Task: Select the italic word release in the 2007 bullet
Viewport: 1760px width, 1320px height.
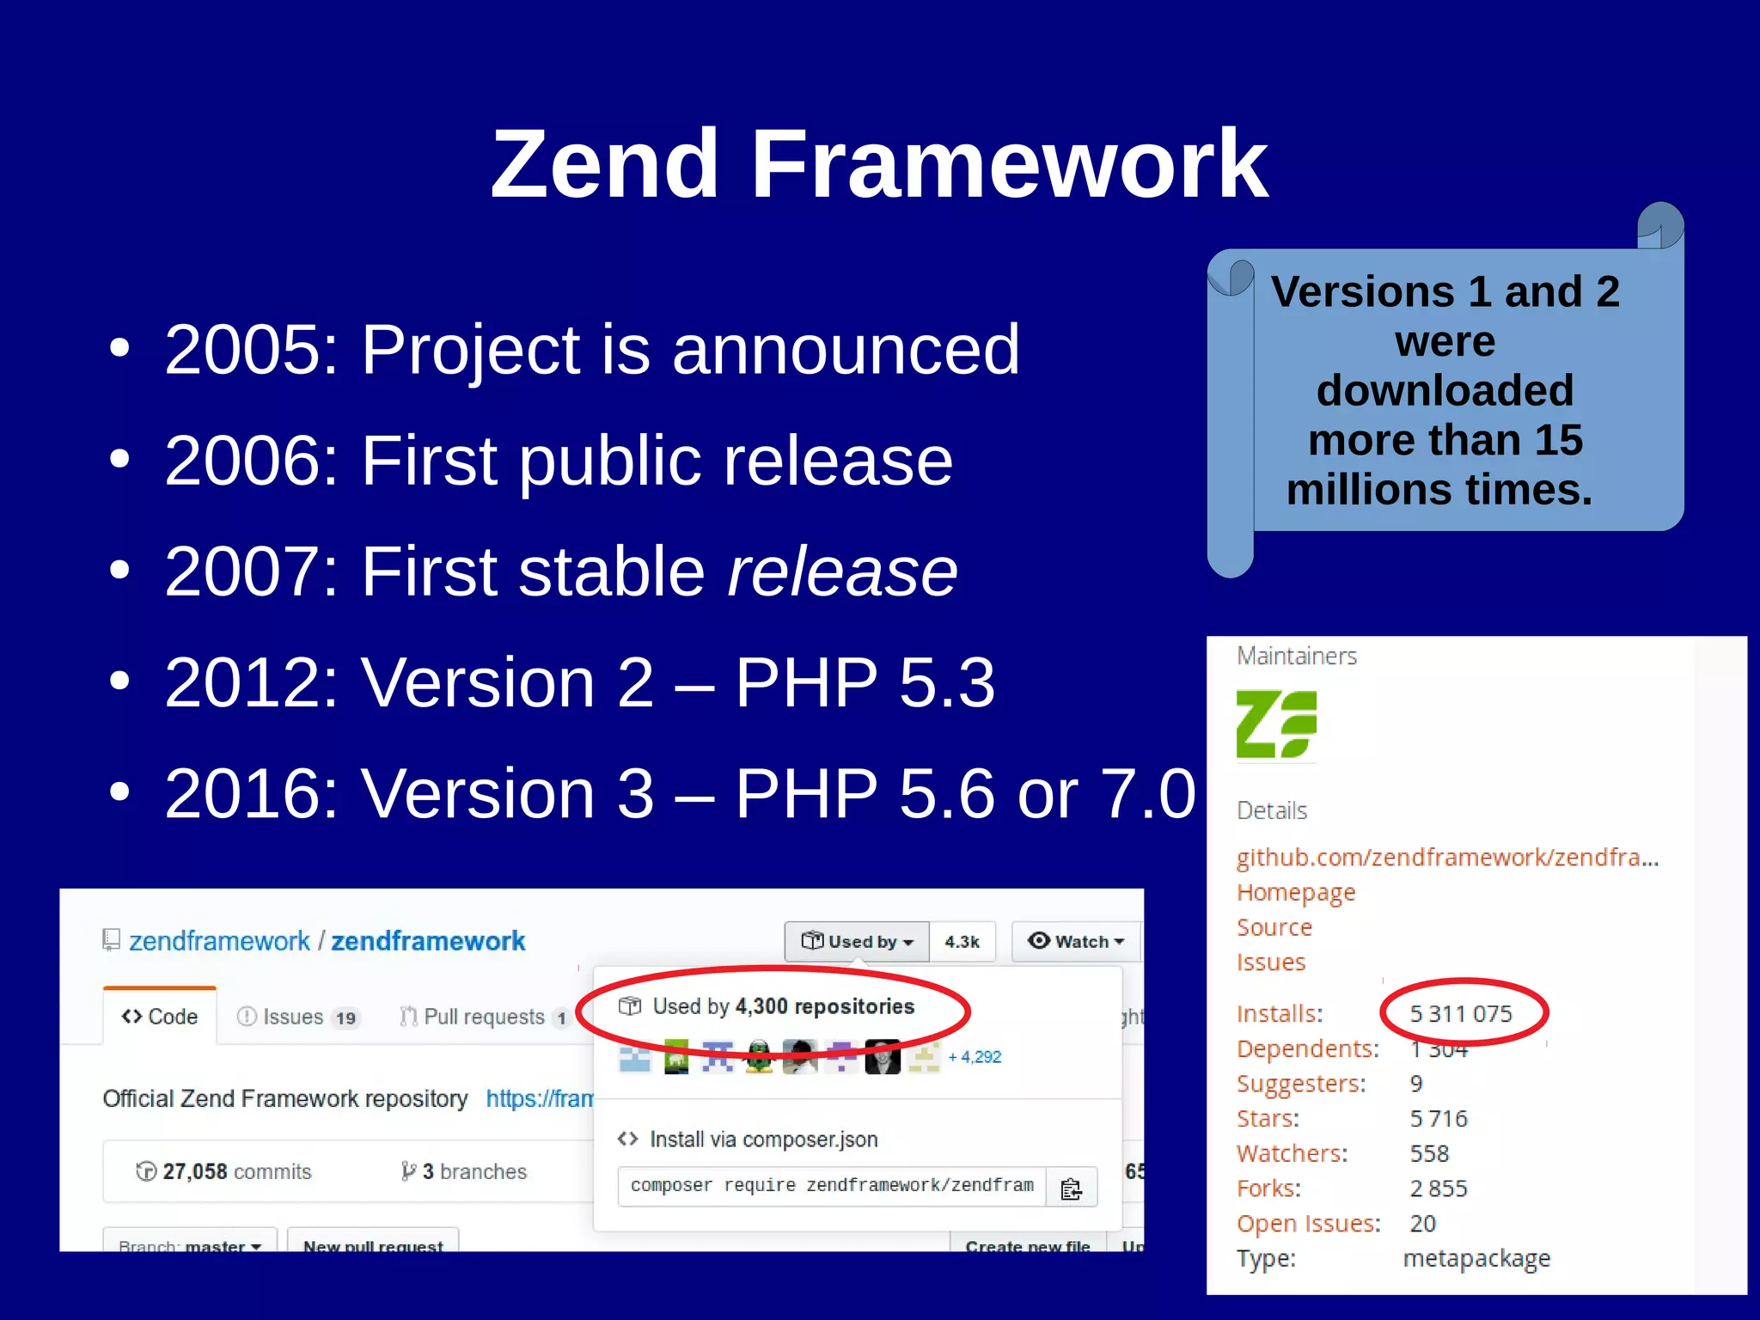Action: tap(842, 571)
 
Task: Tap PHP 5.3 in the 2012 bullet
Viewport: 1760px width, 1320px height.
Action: tap(865, 682)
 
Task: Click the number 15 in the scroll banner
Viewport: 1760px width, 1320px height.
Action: tap(1558, 440)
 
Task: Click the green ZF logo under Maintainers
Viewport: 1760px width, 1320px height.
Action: tap(1275, 724)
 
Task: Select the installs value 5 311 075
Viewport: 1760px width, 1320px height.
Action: tap(1461, 1014)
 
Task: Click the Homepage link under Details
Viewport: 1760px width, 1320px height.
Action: tap(1295, 893)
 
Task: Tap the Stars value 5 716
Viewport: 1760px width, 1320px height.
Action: tap(1439, 1119)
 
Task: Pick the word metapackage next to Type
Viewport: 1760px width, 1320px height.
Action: tap(1476, 1259)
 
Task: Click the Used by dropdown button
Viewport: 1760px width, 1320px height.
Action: tap(857, 942)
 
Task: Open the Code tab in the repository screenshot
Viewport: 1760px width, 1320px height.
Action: tap(160, 1017)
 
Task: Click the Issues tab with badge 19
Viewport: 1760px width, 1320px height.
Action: tap(296, 1017)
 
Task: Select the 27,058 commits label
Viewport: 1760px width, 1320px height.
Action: tap(224, 1172)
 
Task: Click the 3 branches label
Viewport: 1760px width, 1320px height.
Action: tap(464, 1172)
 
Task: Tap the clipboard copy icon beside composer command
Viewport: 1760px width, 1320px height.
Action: tap(1071, 1189)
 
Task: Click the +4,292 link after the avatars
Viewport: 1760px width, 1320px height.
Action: tap(975, 1057)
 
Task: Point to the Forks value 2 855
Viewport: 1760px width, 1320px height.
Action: tap(1439, 1189)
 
